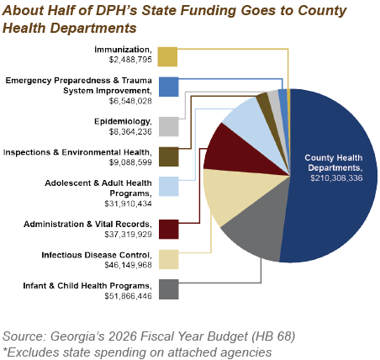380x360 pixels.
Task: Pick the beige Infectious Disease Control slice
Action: pyautogui.click(x=233, y=193)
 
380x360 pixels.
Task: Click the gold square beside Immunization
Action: pyautogui.click(x=167, y=57)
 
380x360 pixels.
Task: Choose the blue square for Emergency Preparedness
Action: pyautogui.click(x=169, y=87)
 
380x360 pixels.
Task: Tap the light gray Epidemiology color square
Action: pyautogui.click(x=169, y=127)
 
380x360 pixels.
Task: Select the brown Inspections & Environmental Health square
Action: pyautogui.click(x=169, y=156)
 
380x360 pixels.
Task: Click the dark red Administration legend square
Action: pyautogui.click(x=169, y=230)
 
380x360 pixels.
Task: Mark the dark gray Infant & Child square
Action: pyautogui.click(x=169, y=289)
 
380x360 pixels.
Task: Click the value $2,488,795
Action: pyautogui.click(x=130, y=60)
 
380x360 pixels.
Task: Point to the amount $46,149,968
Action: pyautogui.click(x=128, y=265)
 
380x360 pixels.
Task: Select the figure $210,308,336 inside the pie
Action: pyautogui.click(x=336, y=178)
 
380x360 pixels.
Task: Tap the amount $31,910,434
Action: pyautogui.click(x=128, y=204)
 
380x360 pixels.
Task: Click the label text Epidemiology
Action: pyautogui.click(x=123, y=122)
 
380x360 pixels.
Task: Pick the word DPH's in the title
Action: pyautogui.click(x=116, y=11)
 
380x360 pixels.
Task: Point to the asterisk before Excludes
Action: pyautogui.click(x=5, y=350)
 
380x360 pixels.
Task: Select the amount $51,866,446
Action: pyautogui.click(x=128, y=296)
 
